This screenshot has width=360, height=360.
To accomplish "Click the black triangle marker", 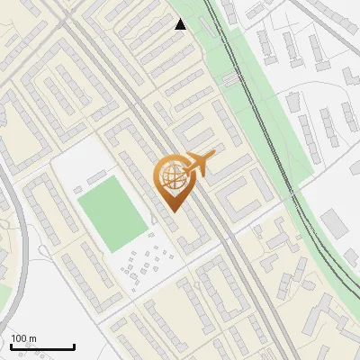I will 181,24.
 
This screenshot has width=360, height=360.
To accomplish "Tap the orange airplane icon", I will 197,163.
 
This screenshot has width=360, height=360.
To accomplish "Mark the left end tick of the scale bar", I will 11,346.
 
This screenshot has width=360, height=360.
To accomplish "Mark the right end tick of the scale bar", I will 74,346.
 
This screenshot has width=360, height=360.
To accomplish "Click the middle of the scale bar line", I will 42,347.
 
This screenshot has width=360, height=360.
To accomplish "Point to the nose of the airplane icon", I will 214,154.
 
